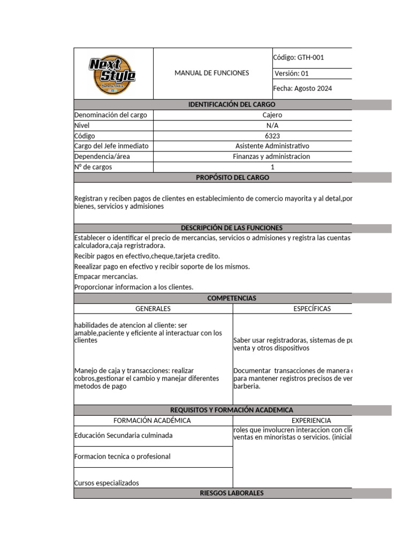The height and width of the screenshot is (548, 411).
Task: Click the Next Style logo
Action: pos(112,73)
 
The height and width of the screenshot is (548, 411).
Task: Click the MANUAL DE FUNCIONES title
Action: pos(211,73)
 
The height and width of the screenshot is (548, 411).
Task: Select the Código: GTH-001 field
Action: pos(299,58)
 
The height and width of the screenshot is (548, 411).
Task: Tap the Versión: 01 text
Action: pos(292,74)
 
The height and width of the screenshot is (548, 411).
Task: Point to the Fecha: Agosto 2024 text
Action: pos(302,89)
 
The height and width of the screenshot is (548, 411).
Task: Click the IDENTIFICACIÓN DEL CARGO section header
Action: pos(232,105)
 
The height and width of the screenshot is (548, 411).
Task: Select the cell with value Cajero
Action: pos(272,115)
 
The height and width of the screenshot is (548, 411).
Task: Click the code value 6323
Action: pos(272,136)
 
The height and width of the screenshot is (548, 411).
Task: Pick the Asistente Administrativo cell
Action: pos(272,146)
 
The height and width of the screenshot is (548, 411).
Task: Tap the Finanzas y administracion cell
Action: pos(271,157)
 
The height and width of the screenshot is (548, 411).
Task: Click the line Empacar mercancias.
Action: pos(106,277)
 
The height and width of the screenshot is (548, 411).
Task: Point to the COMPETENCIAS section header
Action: pos(232,298)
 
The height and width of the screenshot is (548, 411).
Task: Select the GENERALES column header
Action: pos(153,309)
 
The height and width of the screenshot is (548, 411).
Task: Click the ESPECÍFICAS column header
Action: pos(312,309)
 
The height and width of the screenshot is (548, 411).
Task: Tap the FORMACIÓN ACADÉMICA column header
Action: pos(153,421)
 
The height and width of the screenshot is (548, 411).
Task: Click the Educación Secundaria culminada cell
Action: pos(124,436)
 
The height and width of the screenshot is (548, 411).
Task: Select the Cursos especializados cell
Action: pos(106,483)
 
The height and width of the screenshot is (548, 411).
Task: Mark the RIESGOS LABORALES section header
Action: pos(231,493)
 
